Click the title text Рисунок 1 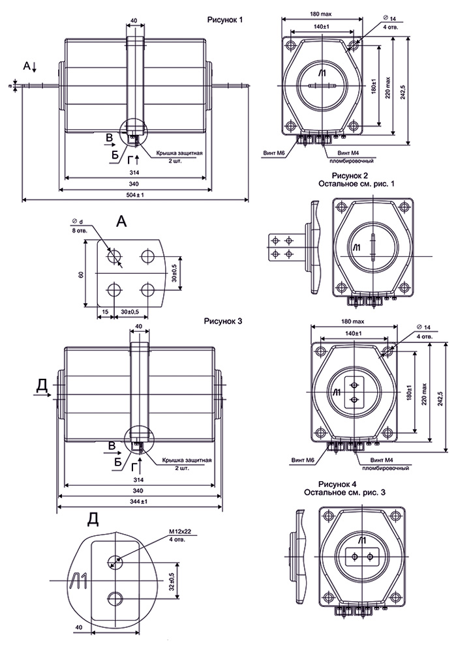coord(224,21)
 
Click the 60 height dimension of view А coord(81,274)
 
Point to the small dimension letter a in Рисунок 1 coord(12,85)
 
